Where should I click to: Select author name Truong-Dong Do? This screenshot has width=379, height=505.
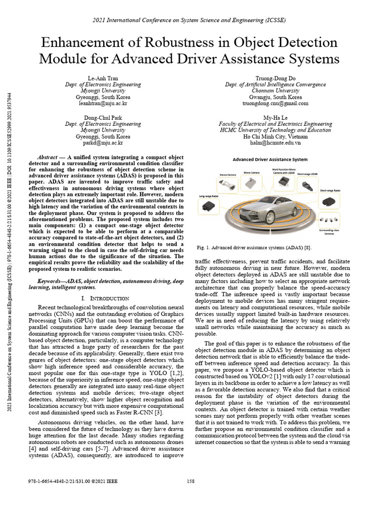pos(275,78)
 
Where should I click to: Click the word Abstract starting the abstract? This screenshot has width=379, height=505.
pos(51,155)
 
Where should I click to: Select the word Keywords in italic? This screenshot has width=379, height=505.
pos(51,281)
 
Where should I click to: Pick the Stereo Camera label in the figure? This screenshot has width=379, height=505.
pos(228,175)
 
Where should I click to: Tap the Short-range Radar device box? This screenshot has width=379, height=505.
pos(328,201)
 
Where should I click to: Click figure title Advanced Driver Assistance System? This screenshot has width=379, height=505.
pos(270,159)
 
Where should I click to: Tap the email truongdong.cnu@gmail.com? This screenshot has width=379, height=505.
pos(275,104)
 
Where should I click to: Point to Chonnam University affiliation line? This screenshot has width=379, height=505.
pos(275,91)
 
